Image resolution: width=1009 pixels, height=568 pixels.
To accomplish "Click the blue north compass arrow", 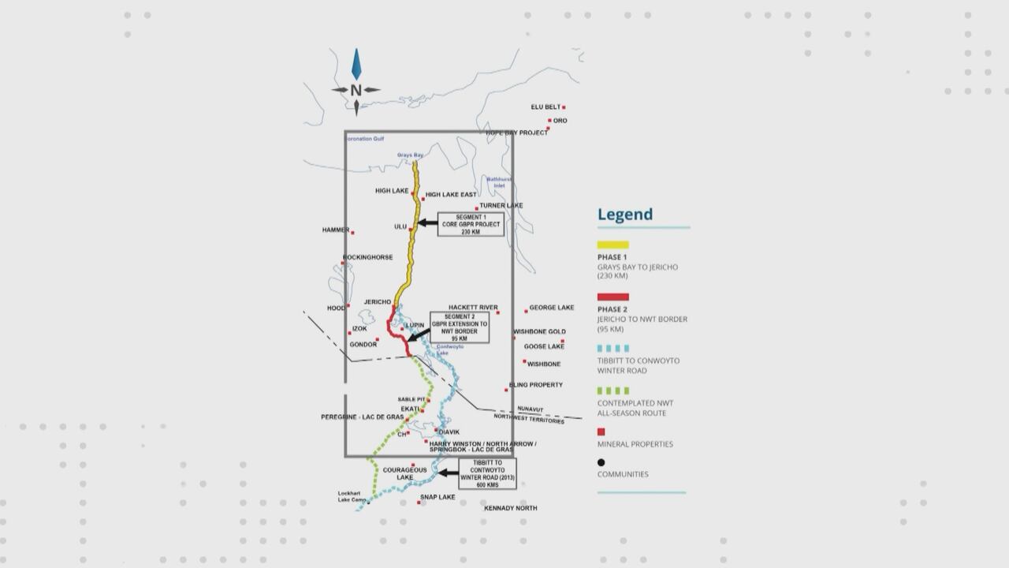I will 356,65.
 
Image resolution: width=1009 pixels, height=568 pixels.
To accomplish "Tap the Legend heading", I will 625,215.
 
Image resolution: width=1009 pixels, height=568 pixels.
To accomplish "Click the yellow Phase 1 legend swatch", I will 612,245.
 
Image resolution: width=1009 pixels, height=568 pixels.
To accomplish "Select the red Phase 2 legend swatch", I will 612,297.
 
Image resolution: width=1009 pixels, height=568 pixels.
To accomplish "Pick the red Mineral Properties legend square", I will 601,432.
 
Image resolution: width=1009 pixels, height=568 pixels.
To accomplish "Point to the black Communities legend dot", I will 601,463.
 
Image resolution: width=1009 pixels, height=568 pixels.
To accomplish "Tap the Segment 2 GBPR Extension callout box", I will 460,327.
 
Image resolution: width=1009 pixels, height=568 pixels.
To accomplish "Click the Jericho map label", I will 378,302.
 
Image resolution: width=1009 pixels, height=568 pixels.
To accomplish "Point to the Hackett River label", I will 473,308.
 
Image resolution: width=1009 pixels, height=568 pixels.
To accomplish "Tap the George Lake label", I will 552,308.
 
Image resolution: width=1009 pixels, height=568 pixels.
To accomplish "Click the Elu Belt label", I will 545,106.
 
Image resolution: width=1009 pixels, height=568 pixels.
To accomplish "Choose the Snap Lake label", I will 438,497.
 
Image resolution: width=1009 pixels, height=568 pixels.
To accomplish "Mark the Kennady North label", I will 511,508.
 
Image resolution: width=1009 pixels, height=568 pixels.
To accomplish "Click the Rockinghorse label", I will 368,257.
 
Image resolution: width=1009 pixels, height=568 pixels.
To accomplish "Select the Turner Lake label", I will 501,206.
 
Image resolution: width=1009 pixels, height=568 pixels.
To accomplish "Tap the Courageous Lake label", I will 404,473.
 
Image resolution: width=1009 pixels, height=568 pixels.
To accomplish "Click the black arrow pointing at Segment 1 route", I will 426,223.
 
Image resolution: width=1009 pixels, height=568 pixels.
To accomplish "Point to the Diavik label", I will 449,432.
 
